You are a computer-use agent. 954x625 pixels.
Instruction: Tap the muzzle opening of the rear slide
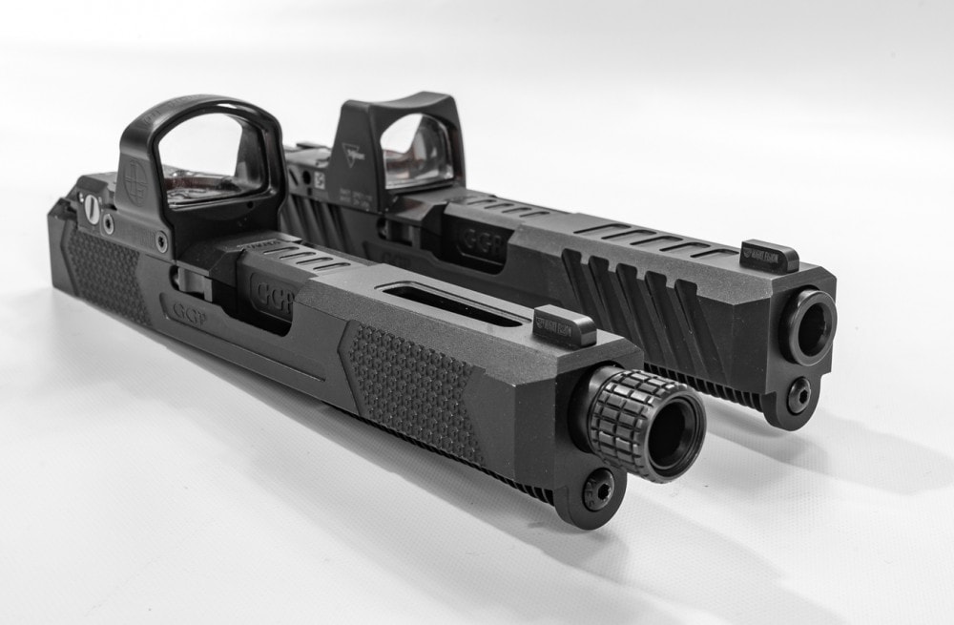pyautogui.click(x=807, y=324)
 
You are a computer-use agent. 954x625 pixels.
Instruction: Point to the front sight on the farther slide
pyautogui.click(x=769, y=256)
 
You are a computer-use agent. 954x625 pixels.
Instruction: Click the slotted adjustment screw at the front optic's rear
pyautogui.click(x=93, y=207)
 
